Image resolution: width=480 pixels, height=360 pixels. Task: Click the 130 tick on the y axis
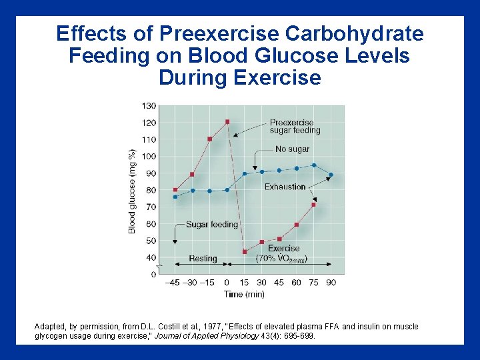coord(149,106)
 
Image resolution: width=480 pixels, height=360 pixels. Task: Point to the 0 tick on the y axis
coord(153,274)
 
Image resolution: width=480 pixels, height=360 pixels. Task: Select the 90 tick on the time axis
coord(331,283)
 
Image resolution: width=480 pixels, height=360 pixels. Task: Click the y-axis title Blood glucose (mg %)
coord(133,190)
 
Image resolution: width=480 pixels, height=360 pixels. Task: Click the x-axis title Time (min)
coord(244,294)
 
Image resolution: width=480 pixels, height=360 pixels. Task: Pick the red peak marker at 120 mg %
coord(227,121)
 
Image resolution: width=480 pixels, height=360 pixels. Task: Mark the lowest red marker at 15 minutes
coord(245,252)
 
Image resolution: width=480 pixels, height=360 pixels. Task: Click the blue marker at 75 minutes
coord(314,165)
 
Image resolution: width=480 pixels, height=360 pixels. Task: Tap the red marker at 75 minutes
coord(314,205)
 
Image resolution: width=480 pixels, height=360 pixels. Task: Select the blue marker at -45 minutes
coord(175,197)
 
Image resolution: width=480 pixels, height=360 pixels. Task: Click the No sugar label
coord(292,149)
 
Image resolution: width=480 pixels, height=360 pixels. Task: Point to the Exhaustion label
coord(285,187)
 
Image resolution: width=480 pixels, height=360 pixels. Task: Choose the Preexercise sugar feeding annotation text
coord(295,126)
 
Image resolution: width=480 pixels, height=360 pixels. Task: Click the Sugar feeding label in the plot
coord(211,225)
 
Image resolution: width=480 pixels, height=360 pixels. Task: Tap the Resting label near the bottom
coord(203,258)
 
